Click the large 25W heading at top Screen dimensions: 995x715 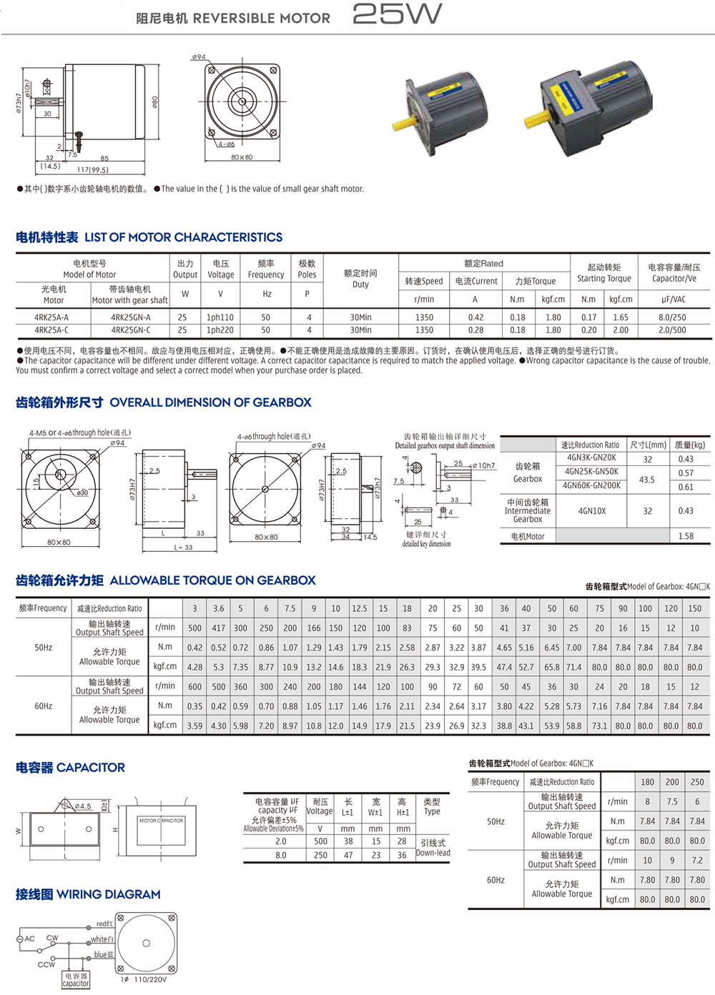(x=397, y=14)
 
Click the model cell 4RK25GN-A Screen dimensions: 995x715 (x=130, y=317)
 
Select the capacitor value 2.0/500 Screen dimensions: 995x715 (x=672, y=330)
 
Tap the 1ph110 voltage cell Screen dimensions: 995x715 (x=220, y=317)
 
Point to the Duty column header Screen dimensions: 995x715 (x=360, y=279)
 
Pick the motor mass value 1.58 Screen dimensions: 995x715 (x=686, y=536)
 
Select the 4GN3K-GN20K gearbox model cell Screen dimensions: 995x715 (x=591, y=457)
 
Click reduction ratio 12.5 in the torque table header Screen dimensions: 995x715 (x=359, y=608)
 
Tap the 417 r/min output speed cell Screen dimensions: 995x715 (x=218, y=628)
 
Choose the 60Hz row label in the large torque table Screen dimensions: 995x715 (x=44, y=706)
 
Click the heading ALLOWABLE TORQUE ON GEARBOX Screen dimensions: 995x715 (x=212, y=580)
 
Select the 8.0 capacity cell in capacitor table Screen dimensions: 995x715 (x=281, y=855)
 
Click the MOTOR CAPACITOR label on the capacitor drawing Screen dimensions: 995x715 (x=161, y=821)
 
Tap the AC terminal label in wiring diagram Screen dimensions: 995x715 (x=29, y=939)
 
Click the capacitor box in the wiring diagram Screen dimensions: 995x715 (x=76, y=979)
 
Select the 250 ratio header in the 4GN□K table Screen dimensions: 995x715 (x=697, y=782)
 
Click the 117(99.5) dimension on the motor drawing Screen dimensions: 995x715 (x=92, y=170)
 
